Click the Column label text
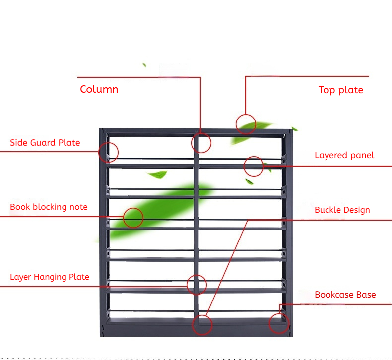tap(99, 89)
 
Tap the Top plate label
tap(341, 90)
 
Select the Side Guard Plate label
tap(45, 143)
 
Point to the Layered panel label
tap(344, 155)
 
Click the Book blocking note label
tap(49, 207)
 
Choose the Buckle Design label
tap(342, 210)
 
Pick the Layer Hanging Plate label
tap(50, 277)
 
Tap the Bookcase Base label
tap(345, 295)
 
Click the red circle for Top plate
tap(246, 115)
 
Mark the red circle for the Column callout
tap(201, 133)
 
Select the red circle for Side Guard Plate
tap(109, 142)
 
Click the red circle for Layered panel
tap(254, 157)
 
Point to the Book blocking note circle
tap(133, 208)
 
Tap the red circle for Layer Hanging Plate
tap(197, 275)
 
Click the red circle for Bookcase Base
tap(279, 313)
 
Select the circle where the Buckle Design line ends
tap(202, 315)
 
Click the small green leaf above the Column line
tap(144, 65)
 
